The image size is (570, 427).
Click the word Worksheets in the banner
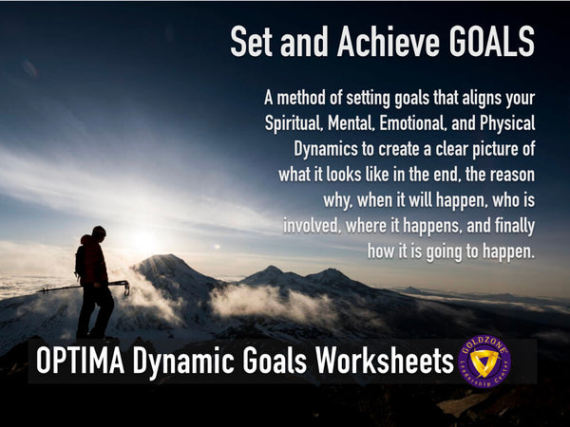(379, 362)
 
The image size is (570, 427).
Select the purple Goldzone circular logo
(484, 362)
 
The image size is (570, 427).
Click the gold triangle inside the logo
(484, 363)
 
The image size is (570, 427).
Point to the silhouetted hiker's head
(98, 232)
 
